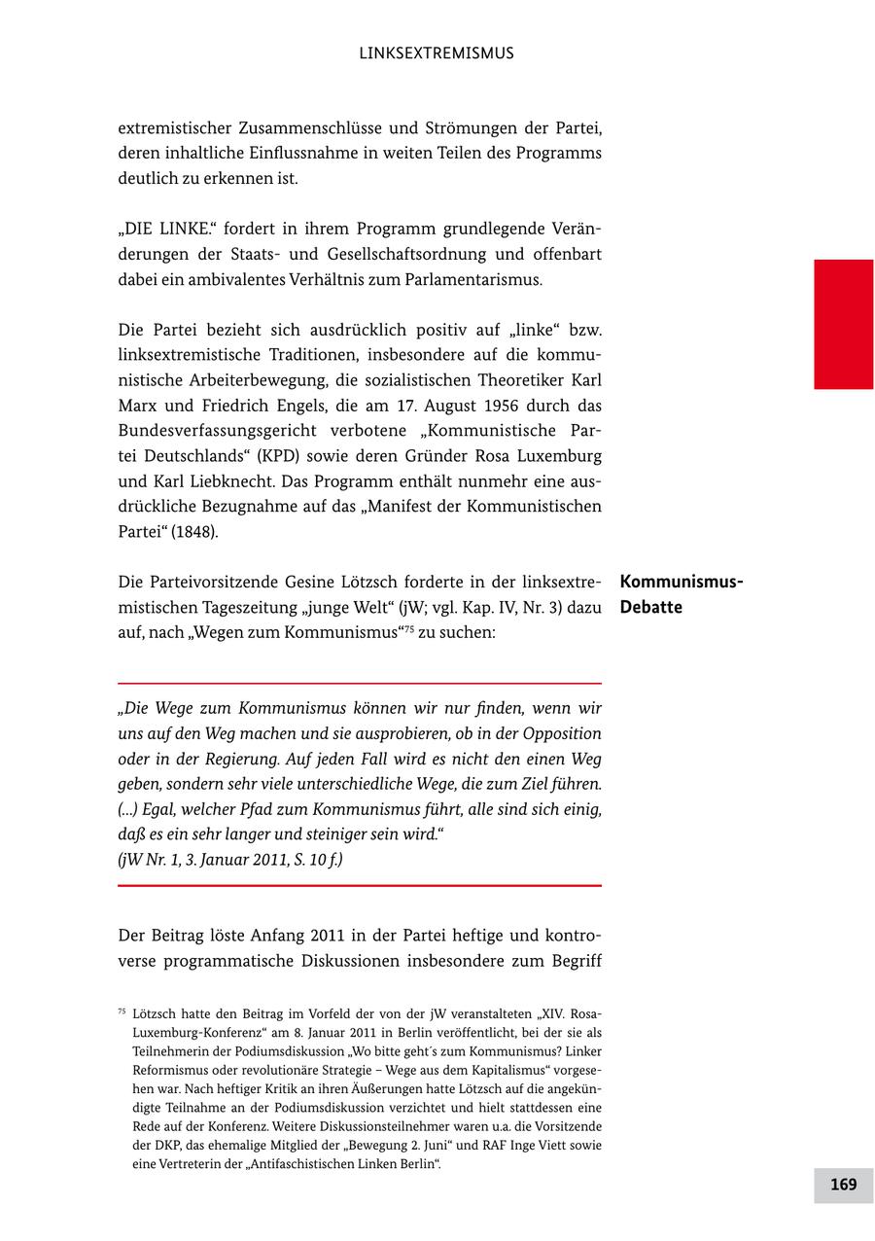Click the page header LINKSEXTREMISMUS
pos(436,53)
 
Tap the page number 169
pos(843,1184)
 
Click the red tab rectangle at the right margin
pos(843,324)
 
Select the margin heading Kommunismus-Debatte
pos(681,594)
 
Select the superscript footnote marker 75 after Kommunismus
pos(408,627)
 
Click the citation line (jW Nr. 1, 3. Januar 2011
pos(229,860)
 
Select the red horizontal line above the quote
pos(360,684)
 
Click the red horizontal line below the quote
pos(360,885)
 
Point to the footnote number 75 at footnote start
pos(122,1011)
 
